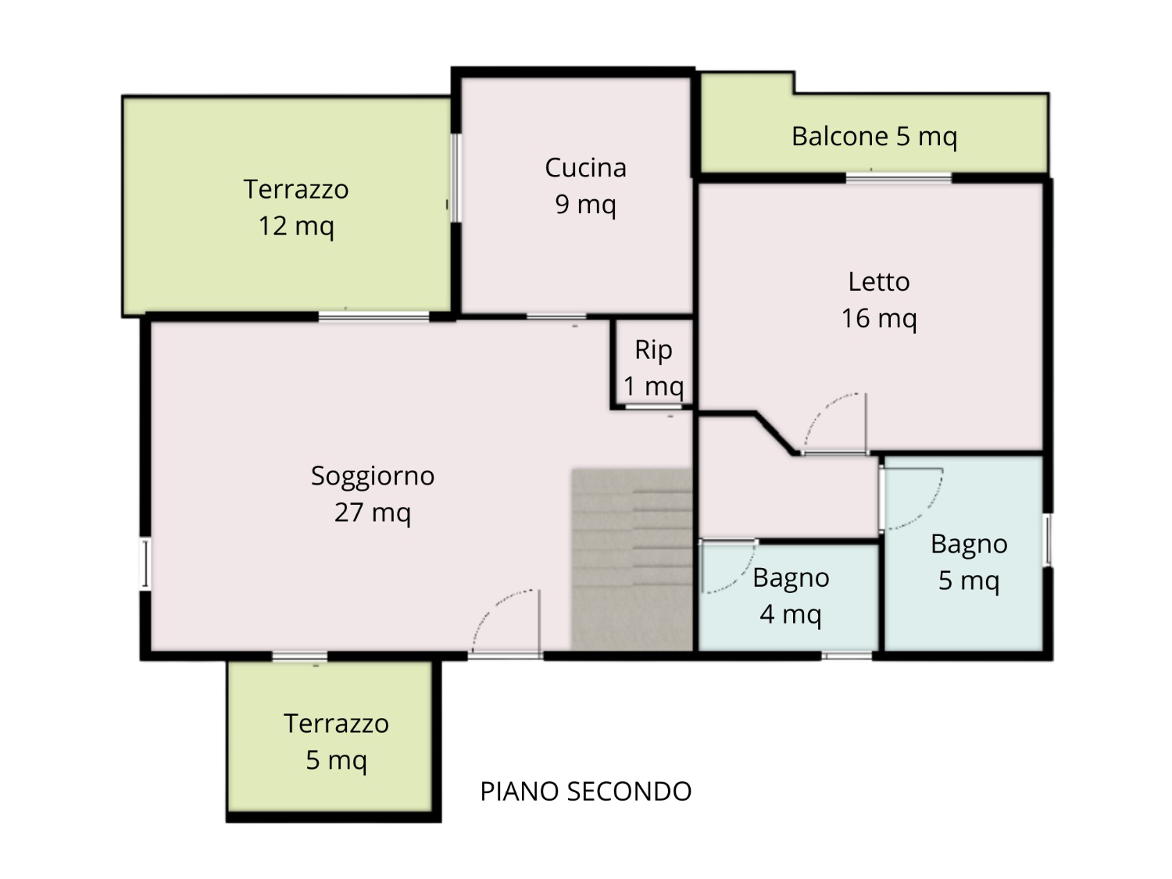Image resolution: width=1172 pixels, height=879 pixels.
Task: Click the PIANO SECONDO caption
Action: click(x=585, y=791)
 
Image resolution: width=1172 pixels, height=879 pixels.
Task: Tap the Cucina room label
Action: click(x=585, y=186)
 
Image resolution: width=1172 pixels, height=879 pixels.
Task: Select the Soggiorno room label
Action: click(x=373, y=494)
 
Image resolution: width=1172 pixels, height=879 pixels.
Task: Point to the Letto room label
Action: click(x=879, y=300)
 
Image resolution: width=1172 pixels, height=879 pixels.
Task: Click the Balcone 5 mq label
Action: click(x=874, y=137)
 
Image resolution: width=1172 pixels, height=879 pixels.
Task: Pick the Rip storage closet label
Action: click(x=653, y=368)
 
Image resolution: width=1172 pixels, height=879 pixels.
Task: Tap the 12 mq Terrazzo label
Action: click(x=296, y=208)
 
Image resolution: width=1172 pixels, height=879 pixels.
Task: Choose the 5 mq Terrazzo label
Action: click(x=336, y=741)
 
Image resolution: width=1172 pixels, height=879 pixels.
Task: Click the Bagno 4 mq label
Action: click(x=791, y=595)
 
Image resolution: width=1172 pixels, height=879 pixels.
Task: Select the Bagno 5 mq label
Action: click(x=969, y=562)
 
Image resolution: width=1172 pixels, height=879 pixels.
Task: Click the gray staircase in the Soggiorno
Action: click(x=632, y=559)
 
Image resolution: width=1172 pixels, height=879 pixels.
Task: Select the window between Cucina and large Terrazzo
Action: click(x=455, y=177)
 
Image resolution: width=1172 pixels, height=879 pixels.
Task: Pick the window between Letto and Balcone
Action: click(x=899, y=177)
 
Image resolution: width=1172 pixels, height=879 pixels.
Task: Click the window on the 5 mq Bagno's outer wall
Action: click(x=1048, y=540)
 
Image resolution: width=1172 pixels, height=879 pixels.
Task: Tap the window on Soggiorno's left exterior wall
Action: click(x=145, y=563)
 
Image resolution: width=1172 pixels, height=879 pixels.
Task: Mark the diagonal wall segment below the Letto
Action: click(x=774, y=434)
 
